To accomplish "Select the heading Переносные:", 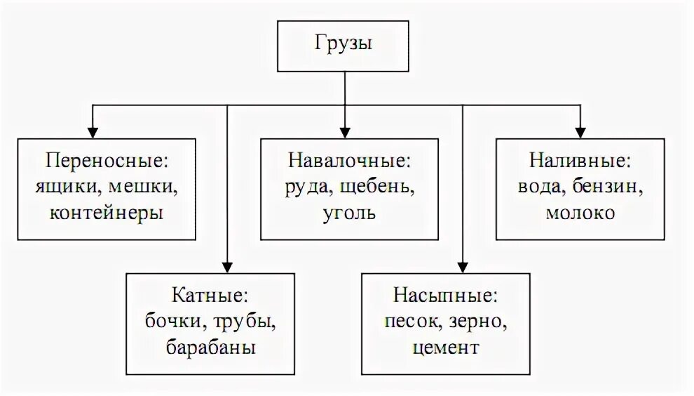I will [x=107, y=160].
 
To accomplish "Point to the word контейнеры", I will [x=107, y=212].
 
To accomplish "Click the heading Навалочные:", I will [x=348, y=160].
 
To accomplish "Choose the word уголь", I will [x=348, y=212].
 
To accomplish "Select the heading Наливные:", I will [x=580, y=160].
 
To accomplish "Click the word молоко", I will [x=580, y=212].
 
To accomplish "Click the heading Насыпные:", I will [x=445, y=295].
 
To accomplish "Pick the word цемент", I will [x=445, y=347].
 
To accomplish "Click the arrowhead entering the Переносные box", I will [x=91, y=133].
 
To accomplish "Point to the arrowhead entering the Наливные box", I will [x=580, y=133].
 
